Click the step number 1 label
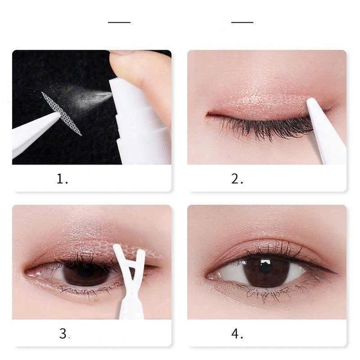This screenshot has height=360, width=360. (x=63, y=179)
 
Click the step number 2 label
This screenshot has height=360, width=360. (x=238, y=179)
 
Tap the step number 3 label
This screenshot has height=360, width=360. (x=64, y=334)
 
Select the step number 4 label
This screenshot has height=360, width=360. (x=238, y=334)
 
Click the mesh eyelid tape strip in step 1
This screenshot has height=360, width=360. (x=61, y=113)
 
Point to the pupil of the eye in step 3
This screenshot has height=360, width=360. (x=85, y=273)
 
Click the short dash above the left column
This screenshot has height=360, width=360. (x=119, y=22)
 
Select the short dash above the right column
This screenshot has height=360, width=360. (x=242, y=22)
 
